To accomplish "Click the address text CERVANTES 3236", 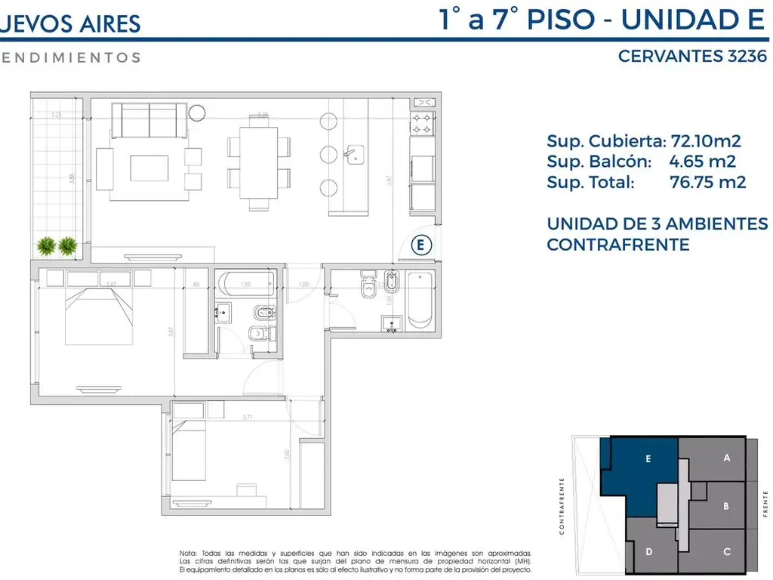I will (x=692, y=56).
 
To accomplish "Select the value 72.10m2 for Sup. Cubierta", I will (x=705, y=140).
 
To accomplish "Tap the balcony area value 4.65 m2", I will (x=702, y=161).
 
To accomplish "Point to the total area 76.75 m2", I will (x=708, y=182).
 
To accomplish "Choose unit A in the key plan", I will (x=726, y=458).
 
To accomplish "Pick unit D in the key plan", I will (x=648, y=551).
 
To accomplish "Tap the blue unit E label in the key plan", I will (x=648, y=458).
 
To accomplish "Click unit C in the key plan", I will (x=726, y=551).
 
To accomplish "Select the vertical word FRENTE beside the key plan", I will (x=765, y=503).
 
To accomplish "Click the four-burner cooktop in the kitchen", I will (x=421, y=124).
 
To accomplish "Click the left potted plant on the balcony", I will (x=45, y=245).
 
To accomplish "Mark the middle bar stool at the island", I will (x=328, y=155).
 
